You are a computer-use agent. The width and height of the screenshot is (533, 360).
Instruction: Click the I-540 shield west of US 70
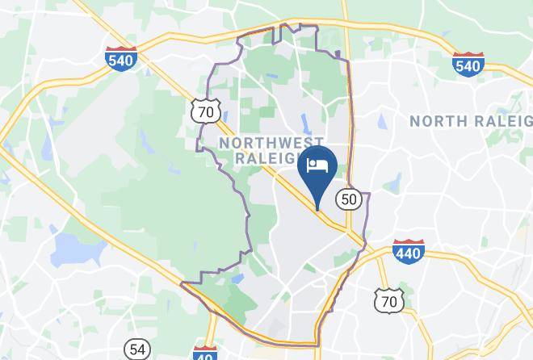121,59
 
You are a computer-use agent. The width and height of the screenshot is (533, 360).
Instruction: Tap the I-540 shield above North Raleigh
468,64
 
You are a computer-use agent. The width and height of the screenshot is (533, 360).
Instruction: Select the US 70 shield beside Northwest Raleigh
207,111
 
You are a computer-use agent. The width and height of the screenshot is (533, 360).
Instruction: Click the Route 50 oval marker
349,199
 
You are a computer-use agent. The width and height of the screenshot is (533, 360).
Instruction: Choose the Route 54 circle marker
137,350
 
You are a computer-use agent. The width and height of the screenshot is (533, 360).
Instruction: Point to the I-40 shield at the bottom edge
205,353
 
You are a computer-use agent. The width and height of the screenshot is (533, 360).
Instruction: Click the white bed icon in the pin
317,165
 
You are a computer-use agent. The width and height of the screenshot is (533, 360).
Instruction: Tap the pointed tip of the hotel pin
317,210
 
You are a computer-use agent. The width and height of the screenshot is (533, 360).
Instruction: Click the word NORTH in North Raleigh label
436,121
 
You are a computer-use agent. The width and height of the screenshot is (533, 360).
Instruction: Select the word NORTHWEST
266,143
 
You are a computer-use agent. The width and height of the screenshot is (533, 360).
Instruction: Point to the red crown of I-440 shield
409,244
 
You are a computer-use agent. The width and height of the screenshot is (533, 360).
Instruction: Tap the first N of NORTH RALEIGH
414,121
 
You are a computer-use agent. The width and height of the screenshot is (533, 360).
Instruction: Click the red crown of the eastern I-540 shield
468,56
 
